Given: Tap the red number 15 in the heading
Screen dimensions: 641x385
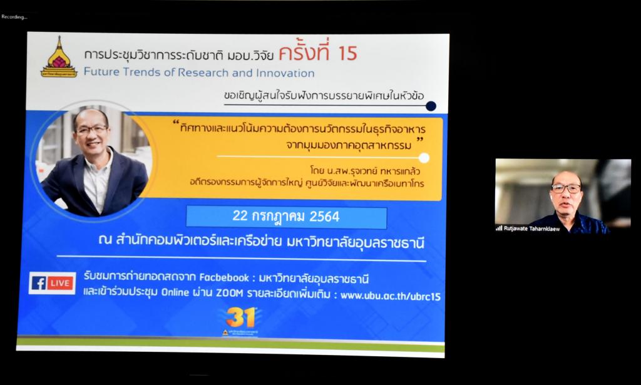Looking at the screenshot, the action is [347, 54].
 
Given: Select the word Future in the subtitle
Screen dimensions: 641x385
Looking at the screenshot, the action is [102, 72].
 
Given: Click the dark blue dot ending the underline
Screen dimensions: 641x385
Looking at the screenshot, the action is [431, 106].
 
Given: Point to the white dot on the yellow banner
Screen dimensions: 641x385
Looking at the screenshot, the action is [424, 158].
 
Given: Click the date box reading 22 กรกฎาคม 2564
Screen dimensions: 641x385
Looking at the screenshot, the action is [286, 217].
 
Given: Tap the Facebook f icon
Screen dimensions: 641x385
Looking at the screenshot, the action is [38, 283].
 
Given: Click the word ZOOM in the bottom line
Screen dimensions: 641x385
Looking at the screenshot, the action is [229, 293].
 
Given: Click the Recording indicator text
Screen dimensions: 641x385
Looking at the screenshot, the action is [14, 17].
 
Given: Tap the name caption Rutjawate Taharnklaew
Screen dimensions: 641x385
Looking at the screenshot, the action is [531, 228].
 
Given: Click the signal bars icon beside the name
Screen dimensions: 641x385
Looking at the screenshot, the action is [499, 228].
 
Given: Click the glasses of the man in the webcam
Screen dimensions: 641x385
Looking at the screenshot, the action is [566, 188].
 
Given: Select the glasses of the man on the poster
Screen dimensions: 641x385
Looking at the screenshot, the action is [91, 130].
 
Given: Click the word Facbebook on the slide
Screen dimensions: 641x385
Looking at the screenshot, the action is [223, 278].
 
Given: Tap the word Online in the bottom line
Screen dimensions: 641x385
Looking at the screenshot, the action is [175, 292].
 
